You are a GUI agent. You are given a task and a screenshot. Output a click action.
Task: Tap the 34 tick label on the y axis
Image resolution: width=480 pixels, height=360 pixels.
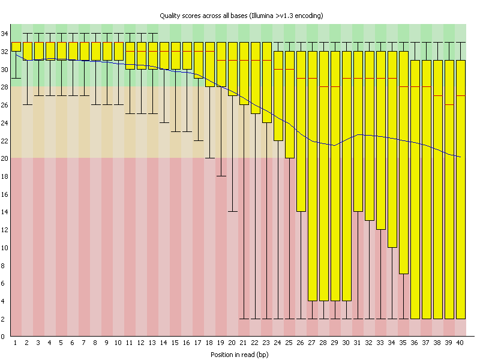tap(5, 34)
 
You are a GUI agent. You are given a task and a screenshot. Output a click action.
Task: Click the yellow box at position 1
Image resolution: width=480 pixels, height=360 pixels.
tap(16, 47)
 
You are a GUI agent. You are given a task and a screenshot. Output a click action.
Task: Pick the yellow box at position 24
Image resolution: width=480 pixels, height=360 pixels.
tap(278, 95)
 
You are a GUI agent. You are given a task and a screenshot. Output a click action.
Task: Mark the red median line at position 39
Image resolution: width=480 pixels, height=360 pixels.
tap(449, 105)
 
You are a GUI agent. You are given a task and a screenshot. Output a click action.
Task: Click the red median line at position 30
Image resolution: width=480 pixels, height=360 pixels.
tap(346, 78)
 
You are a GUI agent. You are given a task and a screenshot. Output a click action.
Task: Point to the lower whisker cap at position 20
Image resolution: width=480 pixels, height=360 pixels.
tap(232, 212)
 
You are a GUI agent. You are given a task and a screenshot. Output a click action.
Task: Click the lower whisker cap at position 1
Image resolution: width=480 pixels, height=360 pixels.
tap(16, 78)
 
